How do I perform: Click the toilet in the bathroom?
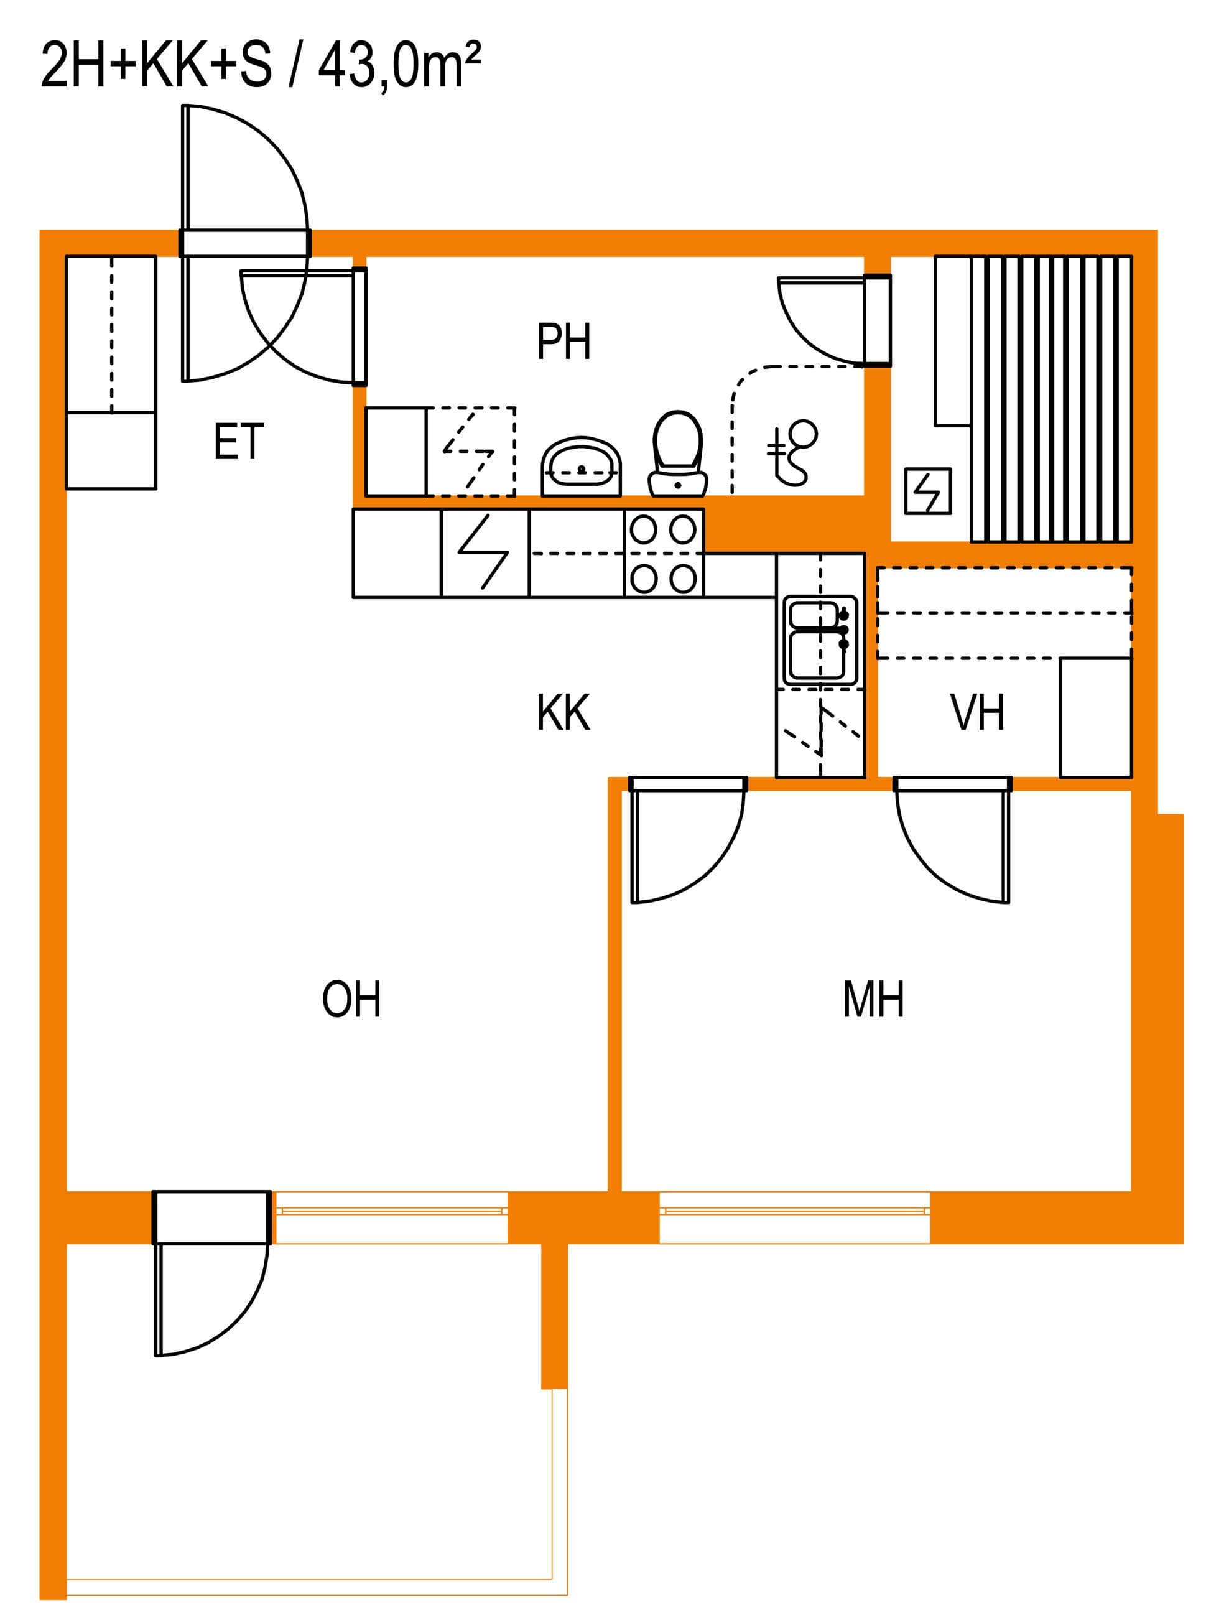point(677,454)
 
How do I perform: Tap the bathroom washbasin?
point(581,467)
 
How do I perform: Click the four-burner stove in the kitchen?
point(664,554)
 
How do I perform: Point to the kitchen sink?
point(820,641)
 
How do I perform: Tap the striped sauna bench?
point(1051,399)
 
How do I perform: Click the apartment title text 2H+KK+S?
point(157,66)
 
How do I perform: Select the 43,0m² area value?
point(399,65)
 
